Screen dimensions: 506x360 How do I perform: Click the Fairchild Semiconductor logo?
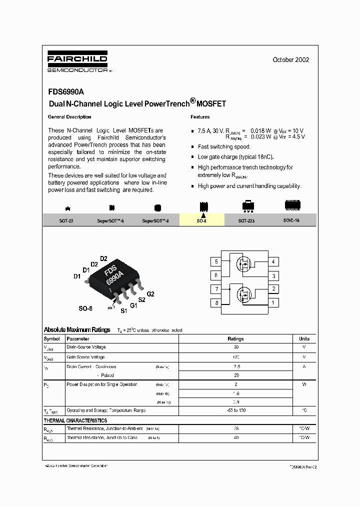[77, 64]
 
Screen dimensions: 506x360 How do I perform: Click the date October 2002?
[290, 59]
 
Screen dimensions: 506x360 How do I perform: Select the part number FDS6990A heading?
[66, 92]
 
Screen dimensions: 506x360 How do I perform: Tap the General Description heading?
[69, 117]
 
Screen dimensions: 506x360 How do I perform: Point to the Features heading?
[200, 117]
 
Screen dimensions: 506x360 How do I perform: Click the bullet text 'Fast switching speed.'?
[224, 147]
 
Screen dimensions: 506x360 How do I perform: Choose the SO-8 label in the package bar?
[201, 220]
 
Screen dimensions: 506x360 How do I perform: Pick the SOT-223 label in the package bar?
[246, 220]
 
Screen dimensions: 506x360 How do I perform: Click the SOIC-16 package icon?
[292, 204]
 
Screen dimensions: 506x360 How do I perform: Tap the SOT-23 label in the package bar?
[66, 220]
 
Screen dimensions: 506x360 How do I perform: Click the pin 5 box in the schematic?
[216, 262]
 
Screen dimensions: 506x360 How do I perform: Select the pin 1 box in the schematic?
[273, 302]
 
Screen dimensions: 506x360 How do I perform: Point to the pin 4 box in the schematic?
[273, 262]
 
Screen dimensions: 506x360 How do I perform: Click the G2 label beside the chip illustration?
[150, 294]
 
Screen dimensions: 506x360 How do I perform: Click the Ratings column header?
[235, 338]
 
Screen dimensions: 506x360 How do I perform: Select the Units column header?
[304, 338]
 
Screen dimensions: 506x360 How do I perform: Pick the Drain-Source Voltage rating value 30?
[235, 347]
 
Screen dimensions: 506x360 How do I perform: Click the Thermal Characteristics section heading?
[75, 420]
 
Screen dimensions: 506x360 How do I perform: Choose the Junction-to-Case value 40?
[235, 437]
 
